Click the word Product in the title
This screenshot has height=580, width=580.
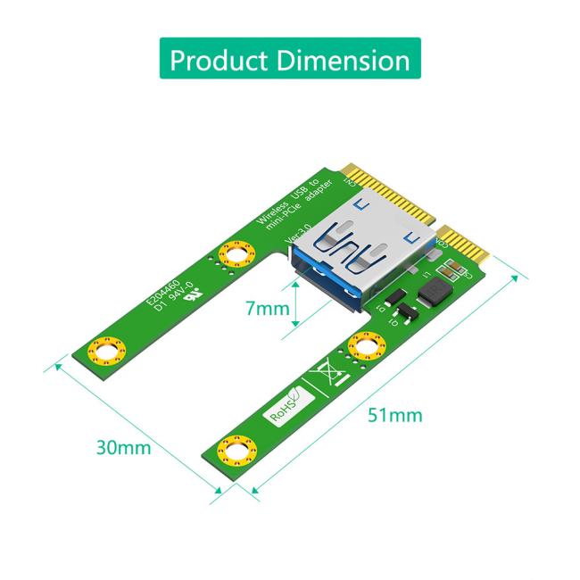219,60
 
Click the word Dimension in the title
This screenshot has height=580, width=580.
344,60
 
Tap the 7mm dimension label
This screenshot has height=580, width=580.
267,309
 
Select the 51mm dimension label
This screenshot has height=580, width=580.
393,415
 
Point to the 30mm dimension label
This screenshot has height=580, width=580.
123,446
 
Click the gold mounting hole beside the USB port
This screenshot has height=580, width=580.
236,257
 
